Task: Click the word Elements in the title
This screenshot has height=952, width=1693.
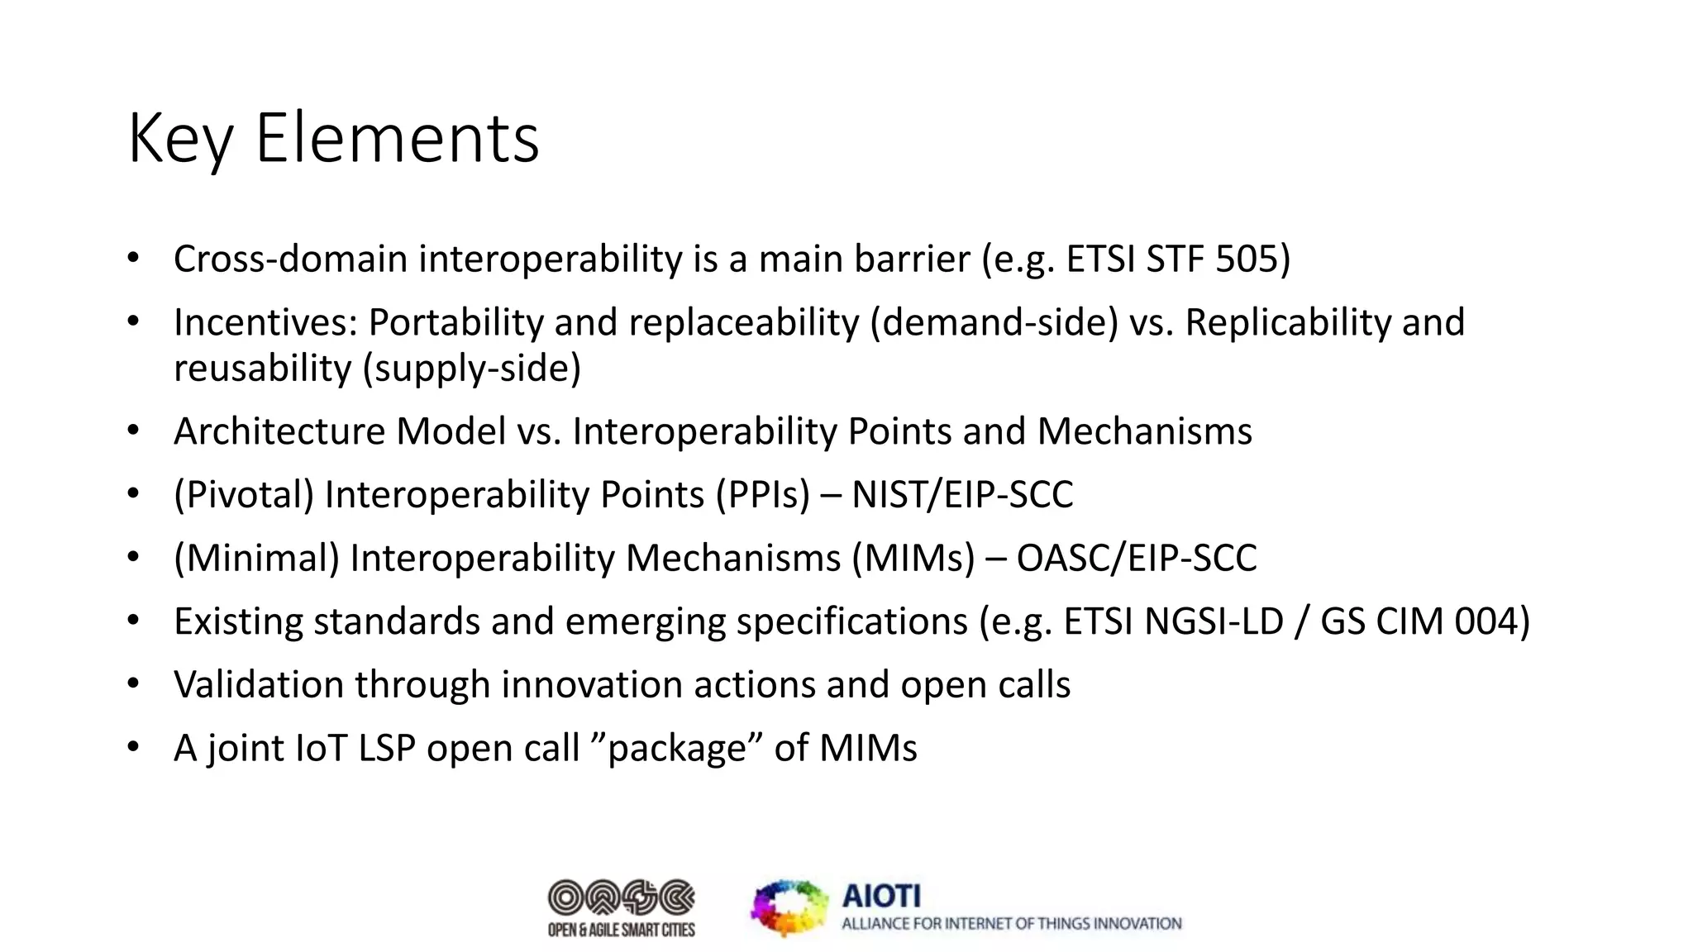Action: click(x=397, y=138)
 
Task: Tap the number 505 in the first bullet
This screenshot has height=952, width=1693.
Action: click(x=1246, y=259)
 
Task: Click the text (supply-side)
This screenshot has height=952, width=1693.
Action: click(x=472, y=369)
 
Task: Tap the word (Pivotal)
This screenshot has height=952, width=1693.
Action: click(x=244, y=495)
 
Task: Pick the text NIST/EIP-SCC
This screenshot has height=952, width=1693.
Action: click(x=962, y=495)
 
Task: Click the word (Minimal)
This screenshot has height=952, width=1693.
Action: click(x=256, y=558)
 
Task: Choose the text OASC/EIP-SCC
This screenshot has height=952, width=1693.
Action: click(x=1136, y=558)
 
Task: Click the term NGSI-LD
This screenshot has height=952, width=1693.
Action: click(x=1214, y=621)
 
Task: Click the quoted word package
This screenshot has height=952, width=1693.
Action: click(x=677, y=749)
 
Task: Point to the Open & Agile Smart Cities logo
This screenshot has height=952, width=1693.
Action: click(x=621, y=907)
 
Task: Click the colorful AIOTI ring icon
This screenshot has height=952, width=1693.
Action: click(x=789, y=907)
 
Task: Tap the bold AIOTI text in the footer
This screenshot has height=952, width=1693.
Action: click(x=881, y=896)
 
